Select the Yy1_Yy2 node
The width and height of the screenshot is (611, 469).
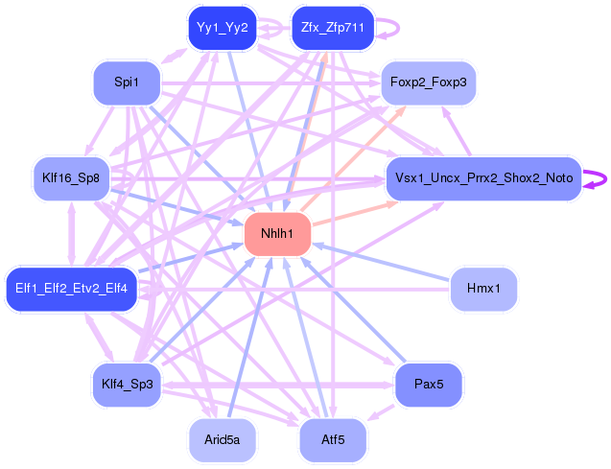(x=222, y=28)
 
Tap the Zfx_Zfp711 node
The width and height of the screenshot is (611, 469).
(x=331, y=28)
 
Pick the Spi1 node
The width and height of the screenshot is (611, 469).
(x=126, y=83)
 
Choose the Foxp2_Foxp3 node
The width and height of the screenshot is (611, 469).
(x=429, y=83)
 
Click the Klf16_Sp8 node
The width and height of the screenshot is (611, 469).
(x=71, y=178)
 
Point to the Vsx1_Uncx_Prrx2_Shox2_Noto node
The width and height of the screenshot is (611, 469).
(x=482, y=178)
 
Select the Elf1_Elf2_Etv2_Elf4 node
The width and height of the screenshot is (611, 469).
(x=72, y=289)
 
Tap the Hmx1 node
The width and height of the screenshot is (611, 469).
(x=483, y=289)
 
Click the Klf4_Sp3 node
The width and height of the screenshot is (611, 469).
(x=127, y=385)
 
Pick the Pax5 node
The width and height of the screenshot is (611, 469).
(x=428, y=385)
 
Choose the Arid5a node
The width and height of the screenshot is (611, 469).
(x=222, y=440)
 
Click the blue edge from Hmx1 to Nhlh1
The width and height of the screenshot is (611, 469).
(x=384, y=262)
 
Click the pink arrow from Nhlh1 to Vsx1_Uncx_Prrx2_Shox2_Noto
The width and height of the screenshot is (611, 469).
(x=350, y=213)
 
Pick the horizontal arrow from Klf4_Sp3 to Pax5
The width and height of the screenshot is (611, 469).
(x=278, y=385)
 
